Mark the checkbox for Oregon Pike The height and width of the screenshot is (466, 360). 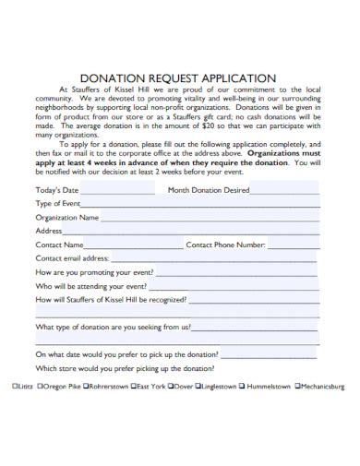(41, 388)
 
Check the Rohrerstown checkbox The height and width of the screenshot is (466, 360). (87, 388)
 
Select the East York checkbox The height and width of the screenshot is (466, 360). (134, 388)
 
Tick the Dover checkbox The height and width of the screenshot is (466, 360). (174, 388)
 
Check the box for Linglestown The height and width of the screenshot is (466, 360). (200, 388)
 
